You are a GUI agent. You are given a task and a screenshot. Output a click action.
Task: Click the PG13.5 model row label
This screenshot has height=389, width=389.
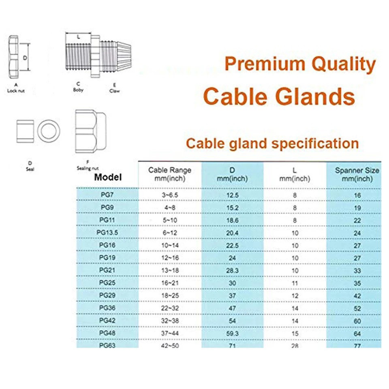[107, 233]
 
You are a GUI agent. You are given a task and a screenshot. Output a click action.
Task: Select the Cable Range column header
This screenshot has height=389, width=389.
[170, 174]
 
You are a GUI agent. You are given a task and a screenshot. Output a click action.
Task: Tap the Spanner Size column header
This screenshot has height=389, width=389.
[357, 174]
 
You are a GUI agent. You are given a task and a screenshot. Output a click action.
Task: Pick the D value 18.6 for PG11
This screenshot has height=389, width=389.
[233, 220]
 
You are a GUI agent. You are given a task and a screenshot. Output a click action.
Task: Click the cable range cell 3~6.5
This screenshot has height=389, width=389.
[170, 195]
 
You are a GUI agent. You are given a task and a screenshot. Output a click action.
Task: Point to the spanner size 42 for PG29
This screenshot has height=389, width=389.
[357, 296]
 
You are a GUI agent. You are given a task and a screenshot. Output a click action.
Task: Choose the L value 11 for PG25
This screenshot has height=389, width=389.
[295, 283]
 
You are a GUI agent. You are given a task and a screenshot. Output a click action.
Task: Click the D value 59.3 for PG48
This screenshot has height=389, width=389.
[233, 333]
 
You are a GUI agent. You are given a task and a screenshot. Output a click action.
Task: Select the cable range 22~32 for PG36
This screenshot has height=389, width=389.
[170, 308]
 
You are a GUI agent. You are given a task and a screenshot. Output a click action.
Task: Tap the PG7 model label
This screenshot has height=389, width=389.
[107, 195]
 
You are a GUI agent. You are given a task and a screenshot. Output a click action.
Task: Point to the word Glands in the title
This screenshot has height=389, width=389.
[315, 96]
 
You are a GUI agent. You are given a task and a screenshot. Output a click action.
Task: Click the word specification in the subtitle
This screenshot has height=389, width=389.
[315, 144]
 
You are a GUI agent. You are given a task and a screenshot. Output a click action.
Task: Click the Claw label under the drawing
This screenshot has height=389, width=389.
[114, 91]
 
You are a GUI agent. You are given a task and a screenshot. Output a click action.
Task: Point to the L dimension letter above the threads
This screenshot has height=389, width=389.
[78, 37]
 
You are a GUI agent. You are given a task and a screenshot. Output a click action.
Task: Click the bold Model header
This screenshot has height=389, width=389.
[108, 177]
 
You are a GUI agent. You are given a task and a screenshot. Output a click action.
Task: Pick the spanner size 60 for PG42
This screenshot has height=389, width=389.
[357, 321]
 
